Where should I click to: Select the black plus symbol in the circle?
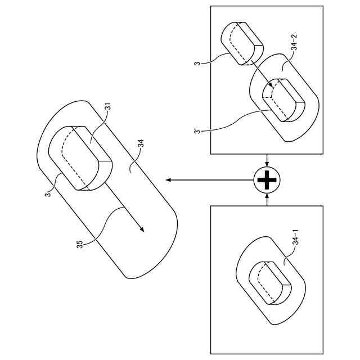point(267,180)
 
